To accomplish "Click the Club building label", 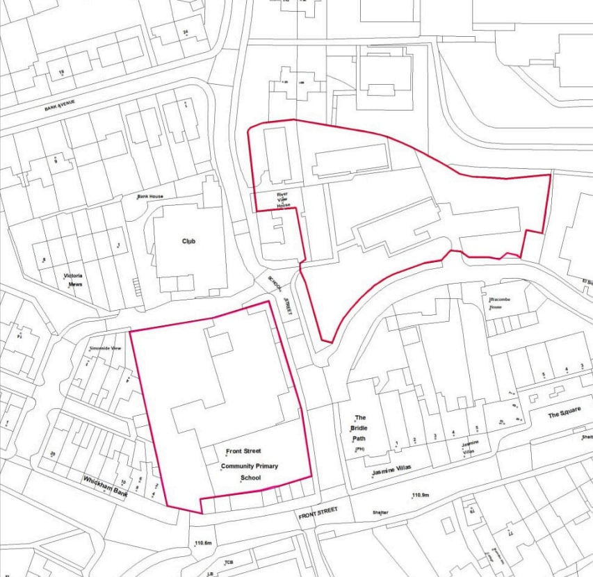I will coord(188,241).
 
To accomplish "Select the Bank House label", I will coord(149,197).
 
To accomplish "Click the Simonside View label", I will coord(106,348).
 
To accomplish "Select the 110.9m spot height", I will coord(419,495).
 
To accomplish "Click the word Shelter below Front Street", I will coord(380,513).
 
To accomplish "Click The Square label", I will coord(564,414).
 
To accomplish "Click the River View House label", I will coord(282,200).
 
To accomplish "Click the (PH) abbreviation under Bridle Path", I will coord(359,450).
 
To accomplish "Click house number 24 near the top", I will coord(186,32).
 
